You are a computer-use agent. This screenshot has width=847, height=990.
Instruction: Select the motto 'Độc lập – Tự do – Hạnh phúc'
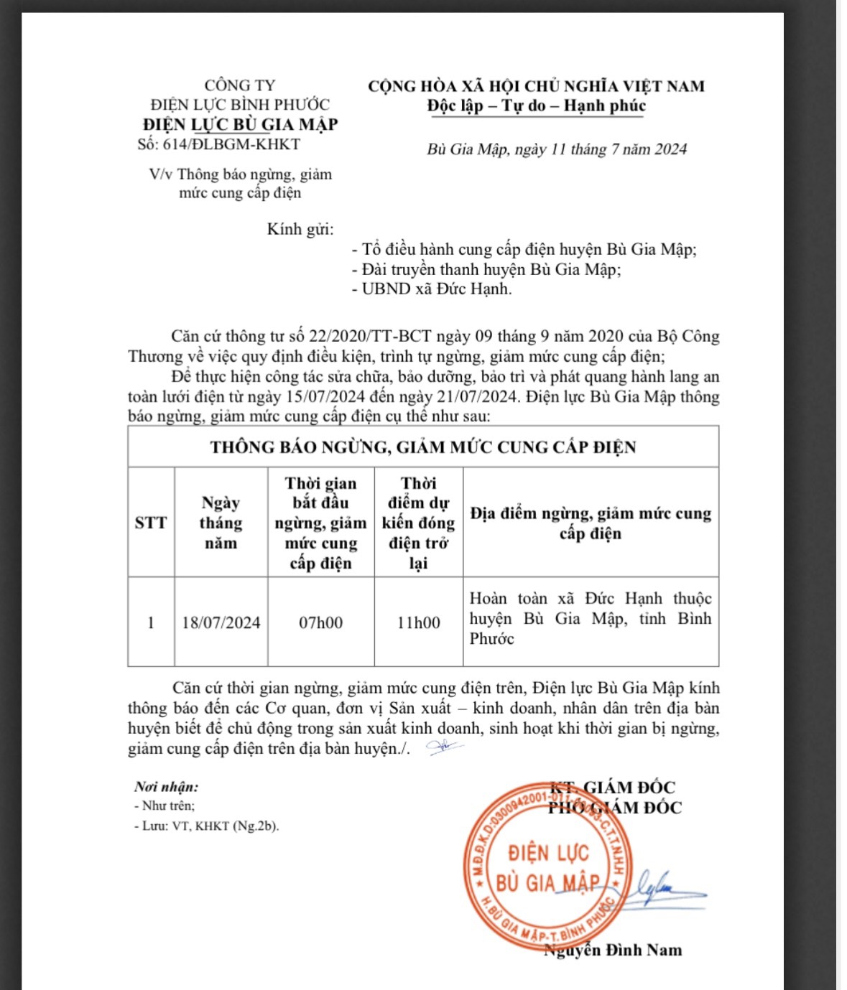pos(536,106)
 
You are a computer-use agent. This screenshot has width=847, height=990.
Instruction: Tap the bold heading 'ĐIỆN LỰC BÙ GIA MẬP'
pos(240,124)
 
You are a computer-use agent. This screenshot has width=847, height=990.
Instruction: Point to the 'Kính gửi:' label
pos(300,229)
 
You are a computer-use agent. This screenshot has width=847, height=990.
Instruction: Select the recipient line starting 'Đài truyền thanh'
pos(486,269)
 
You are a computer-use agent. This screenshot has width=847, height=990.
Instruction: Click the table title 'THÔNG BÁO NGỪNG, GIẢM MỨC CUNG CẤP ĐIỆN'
pos(423,447)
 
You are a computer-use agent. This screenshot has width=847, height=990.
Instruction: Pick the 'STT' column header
pos(151,523)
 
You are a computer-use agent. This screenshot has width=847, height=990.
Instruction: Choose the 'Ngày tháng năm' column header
pos(221,523)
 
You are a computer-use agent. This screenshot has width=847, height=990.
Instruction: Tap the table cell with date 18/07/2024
pos(221,622)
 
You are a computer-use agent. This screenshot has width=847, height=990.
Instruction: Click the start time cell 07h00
pos(320,622)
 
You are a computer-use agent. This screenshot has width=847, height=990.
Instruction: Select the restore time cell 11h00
pos(418,622)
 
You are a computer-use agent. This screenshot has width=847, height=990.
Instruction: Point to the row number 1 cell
pos(151,622)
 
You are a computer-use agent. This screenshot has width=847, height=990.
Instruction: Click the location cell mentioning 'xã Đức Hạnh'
pos(590,618)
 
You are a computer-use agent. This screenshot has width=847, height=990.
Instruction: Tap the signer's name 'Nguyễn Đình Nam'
pos(613,951)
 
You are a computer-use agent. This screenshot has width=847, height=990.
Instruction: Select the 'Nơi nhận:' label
pos(166,787)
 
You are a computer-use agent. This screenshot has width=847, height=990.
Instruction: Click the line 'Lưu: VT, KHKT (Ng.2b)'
pos(206,826)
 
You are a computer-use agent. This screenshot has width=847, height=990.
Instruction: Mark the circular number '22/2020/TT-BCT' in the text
pos(370,336)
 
